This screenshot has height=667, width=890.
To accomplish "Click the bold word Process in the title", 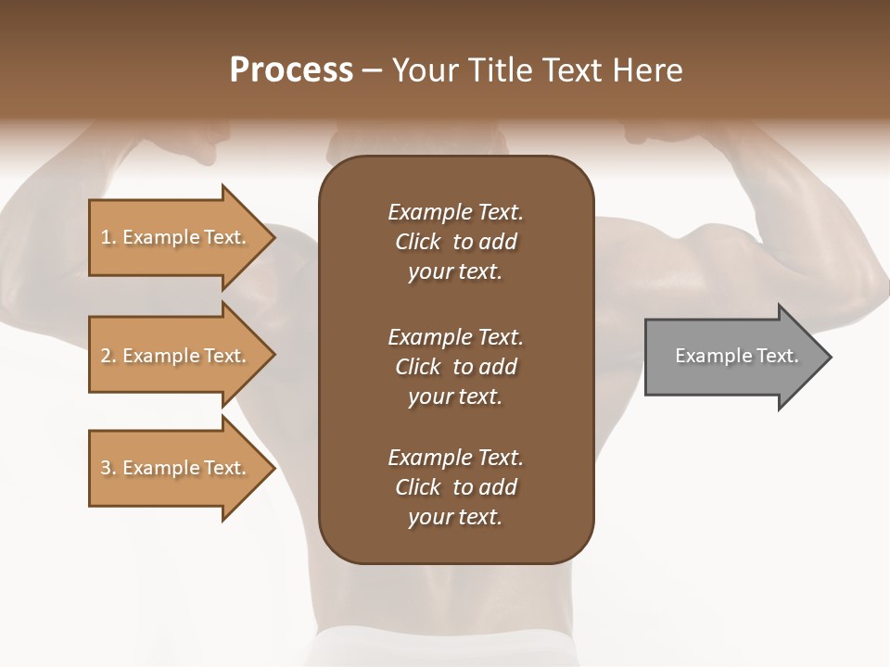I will tap(291, 70).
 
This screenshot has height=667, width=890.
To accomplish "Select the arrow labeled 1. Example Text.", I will tap(176, 237).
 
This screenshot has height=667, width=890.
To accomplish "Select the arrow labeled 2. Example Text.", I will tap(176, 356).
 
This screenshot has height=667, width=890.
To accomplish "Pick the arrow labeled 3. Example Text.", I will tap(176, 469).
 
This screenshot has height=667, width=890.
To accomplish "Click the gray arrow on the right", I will tap(732, 357).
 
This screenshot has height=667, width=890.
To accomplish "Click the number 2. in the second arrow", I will tap(108, 356).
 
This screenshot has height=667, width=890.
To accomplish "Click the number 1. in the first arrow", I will tap(108, 237).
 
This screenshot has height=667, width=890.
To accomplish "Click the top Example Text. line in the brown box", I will tap(455, 212).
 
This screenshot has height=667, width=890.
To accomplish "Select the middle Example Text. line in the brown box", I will tap(455, 336).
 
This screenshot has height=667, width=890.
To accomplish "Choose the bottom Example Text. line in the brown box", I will tap(455, 458).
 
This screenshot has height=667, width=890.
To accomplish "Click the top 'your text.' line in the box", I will tap(455, 272).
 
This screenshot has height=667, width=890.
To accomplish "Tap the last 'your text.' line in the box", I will tap(455, 518).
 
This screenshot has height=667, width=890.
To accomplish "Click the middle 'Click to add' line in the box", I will tap(455, 367).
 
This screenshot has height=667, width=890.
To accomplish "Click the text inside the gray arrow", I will tap(736, 356).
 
